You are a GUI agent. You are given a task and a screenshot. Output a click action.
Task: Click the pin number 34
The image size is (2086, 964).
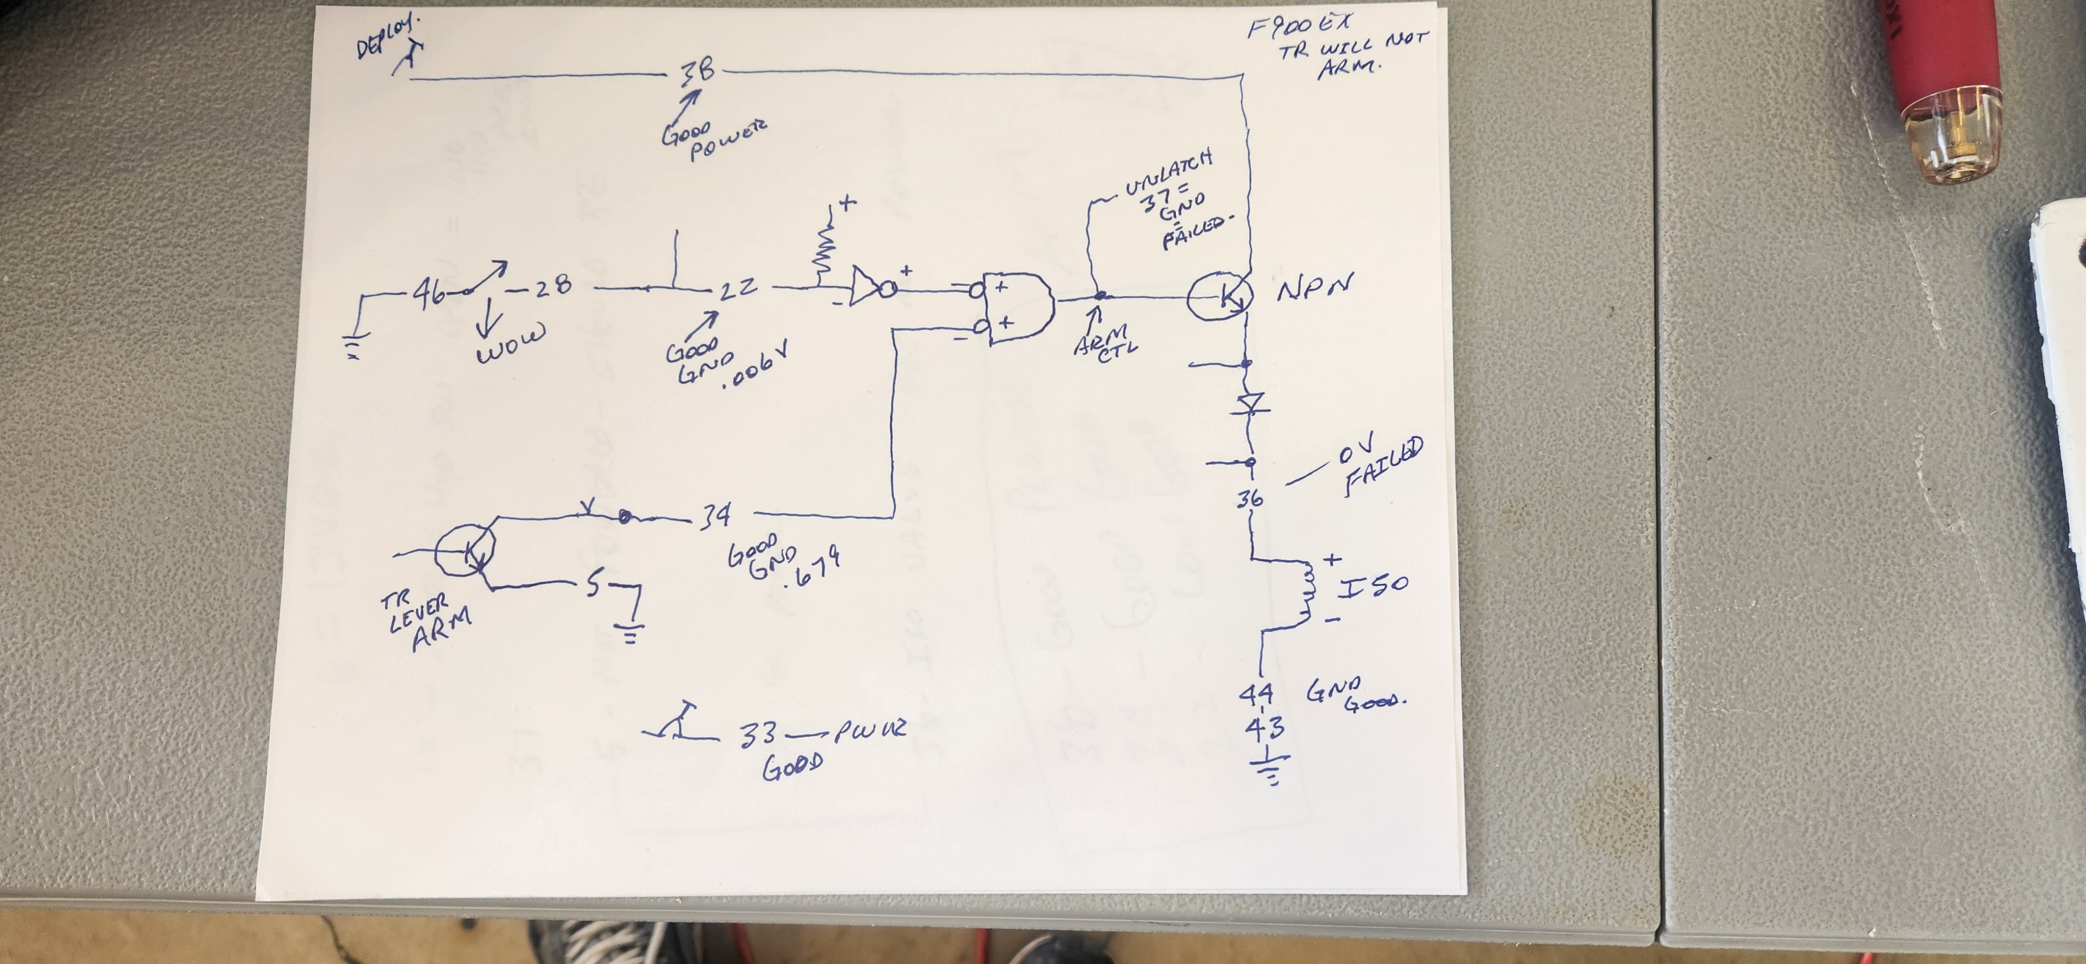point(714,515)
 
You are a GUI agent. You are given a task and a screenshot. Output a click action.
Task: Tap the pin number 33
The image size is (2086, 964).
point(757,734)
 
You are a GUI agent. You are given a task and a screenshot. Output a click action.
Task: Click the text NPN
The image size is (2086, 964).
point(1313,288)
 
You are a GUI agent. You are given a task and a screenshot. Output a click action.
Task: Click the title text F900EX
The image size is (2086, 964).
point(1299,27)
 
